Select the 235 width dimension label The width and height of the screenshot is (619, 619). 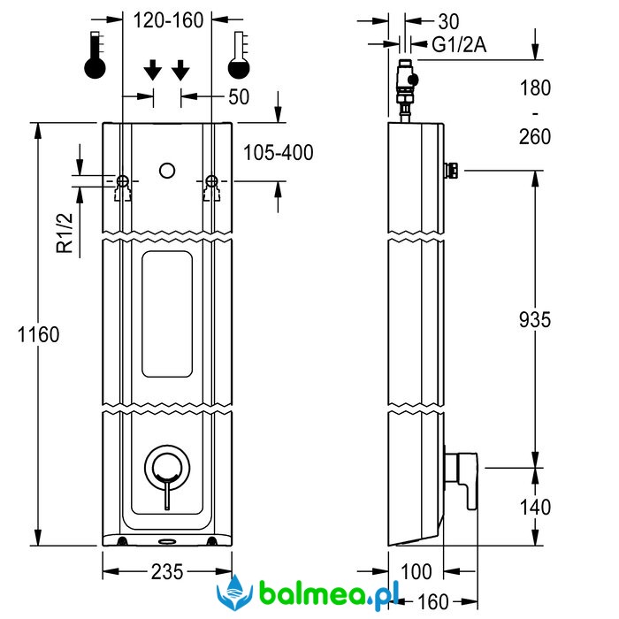click(167, 572)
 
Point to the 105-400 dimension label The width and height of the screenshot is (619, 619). click(278, 153)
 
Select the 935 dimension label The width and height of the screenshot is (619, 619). click(534, 319)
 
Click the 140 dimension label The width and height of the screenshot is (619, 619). click(534, 507)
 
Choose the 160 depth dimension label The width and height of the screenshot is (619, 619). click(432, 602)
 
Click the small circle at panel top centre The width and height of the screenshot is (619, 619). click(166, 171)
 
